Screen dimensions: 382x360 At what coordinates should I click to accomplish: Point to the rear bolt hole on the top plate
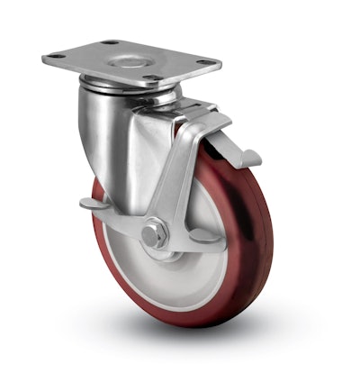pyautogui.click(x=110, y=42)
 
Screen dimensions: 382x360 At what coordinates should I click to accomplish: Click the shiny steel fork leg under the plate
pyautogui.click(x=103, y=135)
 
